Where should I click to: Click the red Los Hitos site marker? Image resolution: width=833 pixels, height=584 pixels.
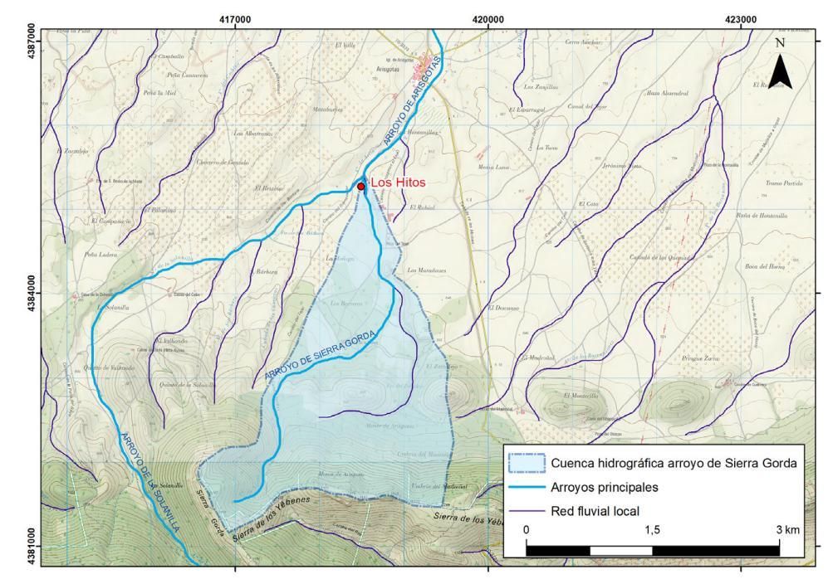(361, 187)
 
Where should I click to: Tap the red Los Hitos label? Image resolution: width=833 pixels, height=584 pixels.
(397, 183)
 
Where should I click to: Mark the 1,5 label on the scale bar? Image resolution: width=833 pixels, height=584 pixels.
(652, 529)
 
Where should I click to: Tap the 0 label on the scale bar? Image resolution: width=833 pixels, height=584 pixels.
(527, 529)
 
